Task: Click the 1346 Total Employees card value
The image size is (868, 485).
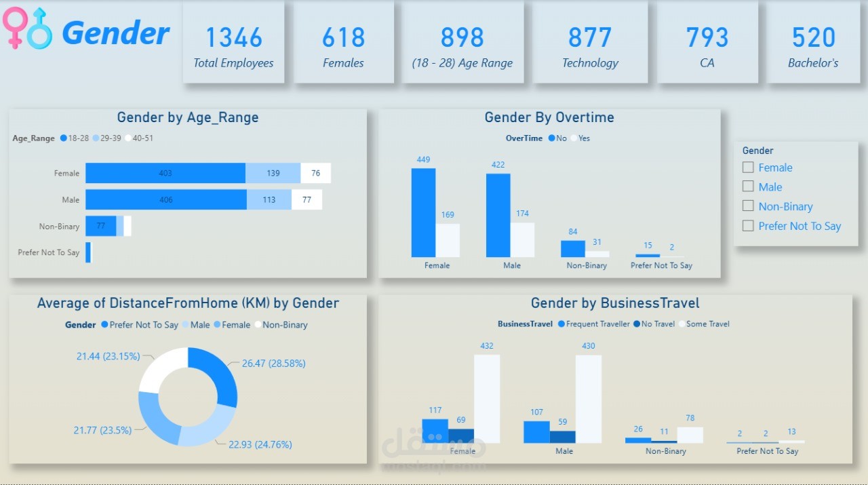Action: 233,38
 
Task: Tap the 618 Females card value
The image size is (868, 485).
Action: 343,38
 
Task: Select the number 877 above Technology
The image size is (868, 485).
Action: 590,38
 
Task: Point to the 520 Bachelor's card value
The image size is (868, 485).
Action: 813,38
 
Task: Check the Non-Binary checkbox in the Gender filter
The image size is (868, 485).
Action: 748,206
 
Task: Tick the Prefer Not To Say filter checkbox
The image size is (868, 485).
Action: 748,226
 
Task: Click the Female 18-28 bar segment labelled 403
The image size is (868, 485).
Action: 165,173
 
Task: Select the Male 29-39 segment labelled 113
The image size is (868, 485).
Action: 269,199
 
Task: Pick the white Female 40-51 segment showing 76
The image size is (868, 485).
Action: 316,173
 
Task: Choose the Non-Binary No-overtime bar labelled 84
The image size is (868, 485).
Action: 572,248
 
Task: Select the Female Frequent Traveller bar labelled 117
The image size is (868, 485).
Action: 435,431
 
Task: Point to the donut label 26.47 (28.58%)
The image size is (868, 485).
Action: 273,364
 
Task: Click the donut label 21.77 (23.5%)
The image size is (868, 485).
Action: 102,430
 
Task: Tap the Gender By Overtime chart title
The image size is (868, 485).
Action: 549,117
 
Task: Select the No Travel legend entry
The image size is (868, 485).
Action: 654,324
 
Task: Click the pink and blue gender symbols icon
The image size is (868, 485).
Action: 27,28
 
